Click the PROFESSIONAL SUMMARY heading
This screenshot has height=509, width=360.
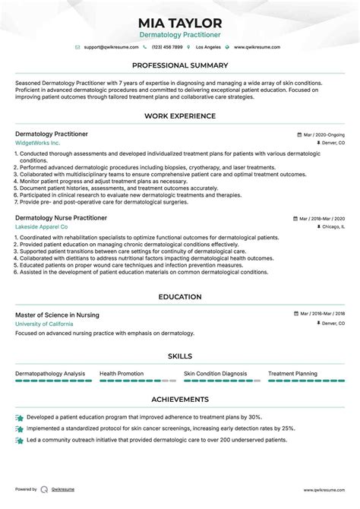click(x=180, y=65)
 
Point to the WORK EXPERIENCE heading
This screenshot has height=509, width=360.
click(x=180, y=116)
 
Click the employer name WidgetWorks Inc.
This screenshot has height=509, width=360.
click(x=37, y=143)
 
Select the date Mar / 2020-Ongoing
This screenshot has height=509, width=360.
click(x=324, y=134)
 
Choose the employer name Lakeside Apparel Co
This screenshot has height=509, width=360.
click(x=42, y=226)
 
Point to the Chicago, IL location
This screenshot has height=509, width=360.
click(x=332, y=226)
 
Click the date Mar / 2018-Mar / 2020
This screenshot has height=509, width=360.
click(x=321, y=217)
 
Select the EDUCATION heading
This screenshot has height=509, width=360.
click(x=180, y=297)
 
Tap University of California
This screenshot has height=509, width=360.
click(x=44, y=324)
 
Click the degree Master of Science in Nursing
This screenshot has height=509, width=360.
click(x=57, y=315)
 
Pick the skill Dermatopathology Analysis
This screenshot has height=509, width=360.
click(x=50, y=373)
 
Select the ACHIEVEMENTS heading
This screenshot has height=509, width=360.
click(x=180, y=399)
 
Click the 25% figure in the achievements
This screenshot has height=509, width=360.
click(x=288, y=428)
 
